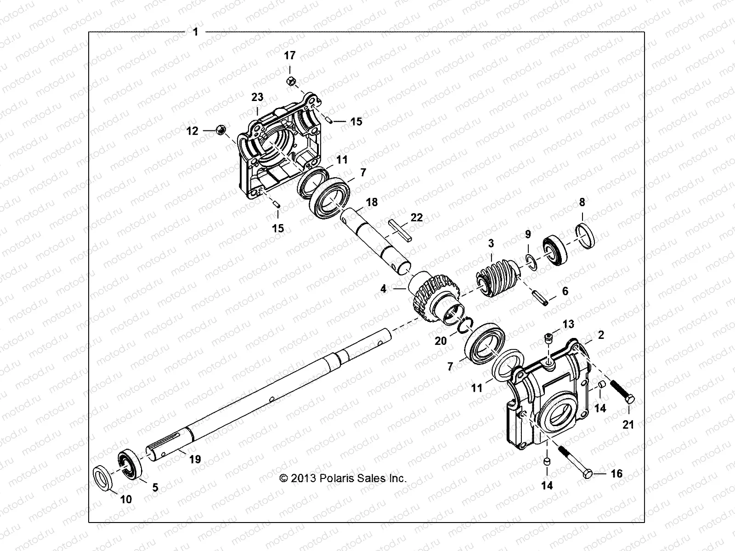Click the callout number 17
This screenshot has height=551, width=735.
pyautogui.click(x=289, y=56)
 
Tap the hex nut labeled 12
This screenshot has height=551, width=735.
pyautogui.click(x=220, y=131)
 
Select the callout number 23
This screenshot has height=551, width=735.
pyautogui.click(x=257, y=97)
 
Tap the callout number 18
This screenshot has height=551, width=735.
pyautogui.click(x=372, y=202)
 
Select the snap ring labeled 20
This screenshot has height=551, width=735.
pyautogui.click(x=465, y=324)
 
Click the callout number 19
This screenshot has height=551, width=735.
pyautogui.click(x=195, y=459)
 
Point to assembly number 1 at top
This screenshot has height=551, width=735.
pyautogui.click(x=196, y=32)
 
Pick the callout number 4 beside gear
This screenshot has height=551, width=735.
pyautogui.click(x=384, y=289)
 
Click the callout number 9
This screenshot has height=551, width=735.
pyautogui.click(x=528, y=235)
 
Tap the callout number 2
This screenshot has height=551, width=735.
pyautogui.click(x=601, y=335)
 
